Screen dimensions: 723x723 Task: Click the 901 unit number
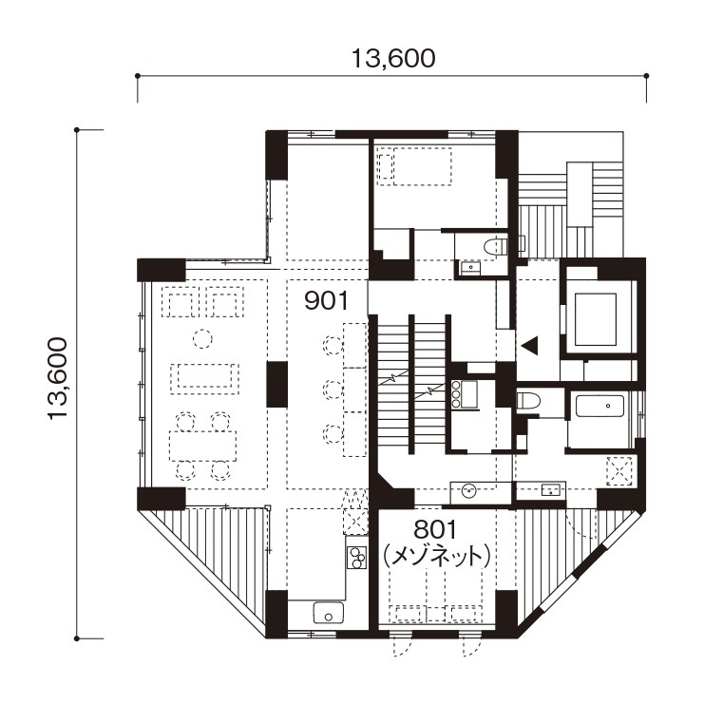click(x=326, y=301)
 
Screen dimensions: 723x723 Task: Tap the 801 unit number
click(x=435, y=530)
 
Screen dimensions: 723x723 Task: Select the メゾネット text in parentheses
click(x=437, y=556)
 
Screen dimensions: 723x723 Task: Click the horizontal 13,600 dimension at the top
click(x=393, y=59)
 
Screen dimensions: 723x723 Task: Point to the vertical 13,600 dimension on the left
click(x=58, y=378)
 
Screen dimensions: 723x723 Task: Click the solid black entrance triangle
click(x=530, y=346)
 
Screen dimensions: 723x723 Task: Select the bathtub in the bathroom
click(x=599, y=407)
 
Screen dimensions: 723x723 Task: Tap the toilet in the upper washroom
click(x=496, y=247)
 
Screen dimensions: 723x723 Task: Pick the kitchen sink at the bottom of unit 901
click(x=329, y=613)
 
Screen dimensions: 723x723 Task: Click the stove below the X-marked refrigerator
click(x=356, y=558)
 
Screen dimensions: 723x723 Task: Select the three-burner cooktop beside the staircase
click(x=465, y=394)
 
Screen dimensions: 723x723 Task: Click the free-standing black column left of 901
click(x=277, y=385)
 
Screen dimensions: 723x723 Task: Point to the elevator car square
click(x=596, y=319)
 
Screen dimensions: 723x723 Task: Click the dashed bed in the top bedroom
click(x=413, y=166)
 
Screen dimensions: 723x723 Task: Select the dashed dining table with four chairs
click(x=203, y=446)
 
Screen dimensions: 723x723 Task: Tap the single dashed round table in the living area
click(x=202, y=339)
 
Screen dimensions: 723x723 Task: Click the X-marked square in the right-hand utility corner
click(x=618, y=471)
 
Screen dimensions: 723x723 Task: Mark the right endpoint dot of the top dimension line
click(x=646, y=76)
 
